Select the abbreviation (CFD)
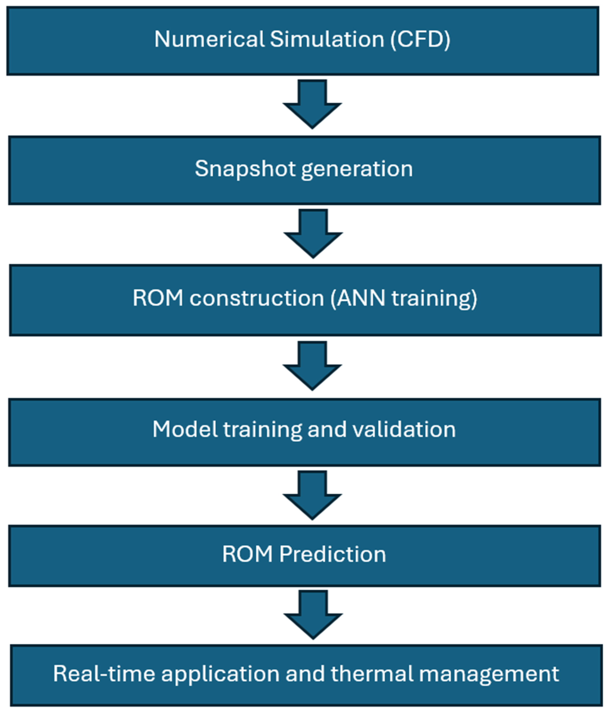point(420,39)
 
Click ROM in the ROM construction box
point(158,298)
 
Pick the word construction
point(257,298)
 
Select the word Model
point(185,429)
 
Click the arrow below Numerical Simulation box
point(312,104)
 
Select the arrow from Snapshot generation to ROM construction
point(313,234)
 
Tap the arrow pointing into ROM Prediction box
point(312,495)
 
